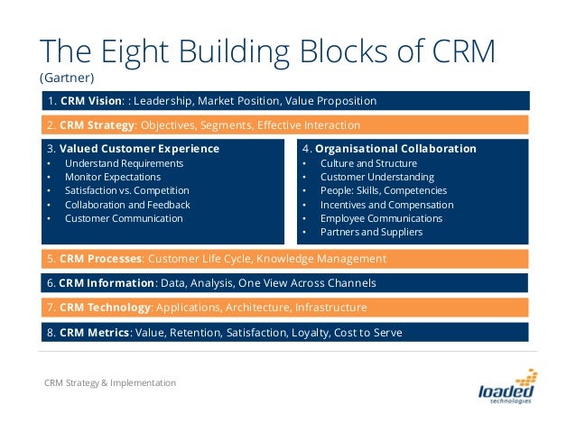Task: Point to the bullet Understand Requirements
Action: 124,163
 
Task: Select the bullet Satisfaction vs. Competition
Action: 126,190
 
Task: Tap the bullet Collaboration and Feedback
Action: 127,205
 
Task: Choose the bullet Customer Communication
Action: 124,218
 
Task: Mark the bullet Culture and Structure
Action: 369,163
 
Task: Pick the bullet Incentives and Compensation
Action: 387,205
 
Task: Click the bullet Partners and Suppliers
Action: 372,232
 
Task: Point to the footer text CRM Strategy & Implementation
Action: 110,383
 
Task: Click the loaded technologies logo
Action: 508,388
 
